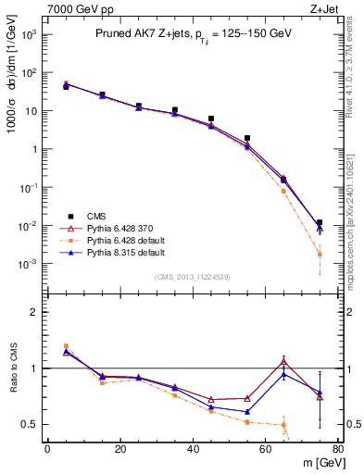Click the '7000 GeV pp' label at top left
coord(76,8)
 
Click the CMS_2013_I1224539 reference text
coord(193,276)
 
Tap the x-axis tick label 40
coord(193,449)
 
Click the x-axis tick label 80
coord(338,449)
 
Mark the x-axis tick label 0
coord(47,449)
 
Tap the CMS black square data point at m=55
coord(247,138)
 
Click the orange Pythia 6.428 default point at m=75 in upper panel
coord(320,254)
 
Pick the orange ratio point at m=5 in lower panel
coord(66,346)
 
